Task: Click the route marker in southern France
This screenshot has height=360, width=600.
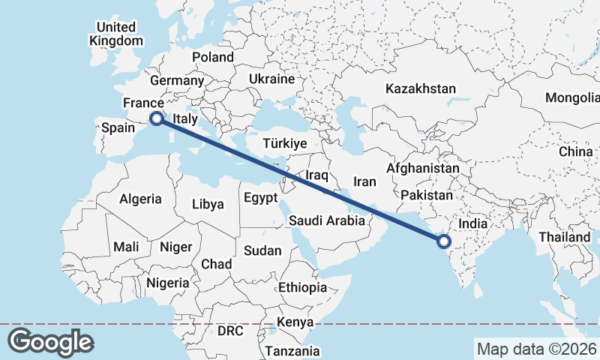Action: click(156, 118)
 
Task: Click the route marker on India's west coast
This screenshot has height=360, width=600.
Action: click(443, 241)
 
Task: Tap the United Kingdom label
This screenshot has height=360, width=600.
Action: click(115, 34)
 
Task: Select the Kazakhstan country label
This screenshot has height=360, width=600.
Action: click(421, 88)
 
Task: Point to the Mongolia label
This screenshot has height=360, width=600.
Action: click(572, 97)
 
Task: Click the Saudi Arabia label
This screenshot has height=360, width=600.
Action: click(328, 220)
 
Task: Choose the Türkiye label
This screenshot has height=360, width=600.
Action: click(285, 142)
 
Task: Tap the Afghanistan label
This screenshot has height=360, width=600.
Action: click(422, 169)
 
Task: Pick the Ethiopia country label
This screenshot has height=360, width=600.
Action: click(302, 287)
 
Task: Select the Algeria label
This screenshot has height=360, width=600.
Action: click(140, 199)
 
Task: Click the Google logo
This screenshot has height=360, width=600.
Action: click(51, 342)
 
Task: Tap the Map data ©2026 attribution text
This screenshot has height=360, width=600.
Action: click(536, 349)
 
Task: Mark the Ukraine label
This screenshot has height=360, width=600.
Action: click(271, 79)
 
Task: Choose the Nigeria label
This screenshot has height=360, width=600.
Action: click(168, 283)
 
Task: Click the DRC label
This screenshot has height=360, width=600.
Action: click(231, 330)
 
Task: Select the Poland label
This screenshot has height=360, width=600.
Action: click(213, 57)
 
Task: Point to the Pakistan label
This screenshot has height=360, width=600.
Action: click(427, 195)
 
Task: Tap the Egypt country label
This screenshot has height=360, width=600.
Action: click(260, 198)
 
